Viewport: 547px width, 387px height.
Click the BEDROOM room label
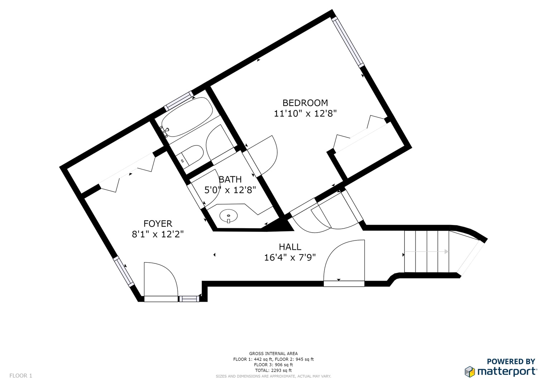coord(305,103)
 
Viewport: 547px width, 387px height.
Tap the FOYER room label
coord(158,224)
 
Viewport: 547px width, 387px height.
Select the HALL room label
coord(290,247)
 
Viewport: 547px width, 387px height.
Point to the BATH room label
coord(230,179)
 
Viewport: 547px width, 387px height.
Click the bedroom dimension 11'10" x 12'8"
coord(305,114)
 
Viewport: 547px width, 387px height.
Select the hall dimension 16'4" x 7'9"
coord(290,258)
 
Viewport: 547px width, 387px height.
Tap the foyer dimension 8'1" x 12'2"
coord(158,234)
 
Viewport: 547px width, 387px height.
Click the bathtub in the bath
coord(187,117)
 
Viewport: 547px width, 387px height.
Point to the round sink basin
coord(228,216)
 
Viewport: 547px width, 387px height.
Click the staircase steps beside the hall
coord(427,252)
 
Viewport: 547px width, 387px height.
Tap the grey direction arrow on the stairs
coord(427,252)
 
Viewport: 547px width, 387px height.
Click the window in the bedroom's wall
coord(348,42)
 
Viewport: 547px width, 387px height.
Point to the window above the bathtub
coord(178,101)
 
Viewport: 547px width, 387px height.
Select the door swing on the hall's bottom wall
coord(344,263)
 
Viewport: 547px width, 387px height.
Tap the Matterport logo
coord(500,368)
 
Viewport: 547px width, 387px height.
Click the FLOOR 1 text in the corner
coord(21,376)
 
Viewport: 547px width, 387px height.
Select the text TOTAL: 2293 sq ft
coord(273,371)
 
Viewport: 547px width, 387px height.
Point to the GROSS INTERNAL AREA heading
coord(273,353)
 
